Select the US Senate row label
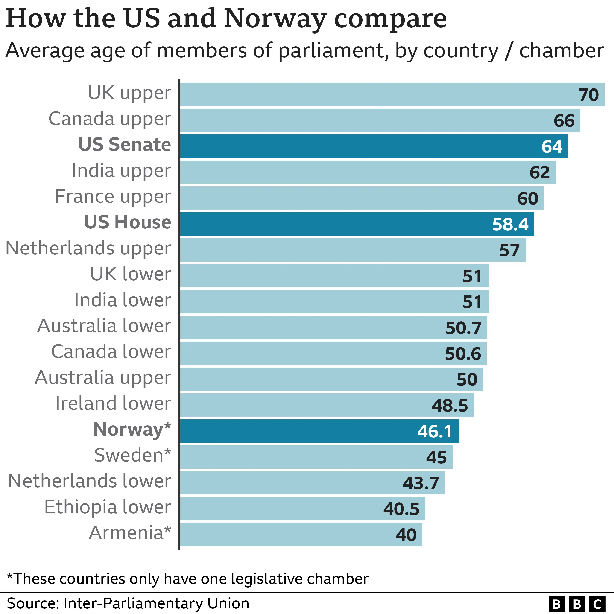click(x=124, y=145)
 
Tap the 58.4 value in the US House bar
click(x=510, y=224)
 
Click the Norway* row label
click(x=132, y=429)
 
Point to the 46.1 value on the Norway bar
click(x=434, y=432)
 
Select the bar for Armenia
click(x=286, y=535)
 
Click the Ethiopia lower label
click(x=107, y=507)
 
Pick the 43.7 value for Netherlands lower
click(x=421, y=483)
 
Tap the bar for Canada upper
click(x=350, y=120)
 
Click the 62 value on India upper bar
click(x=539, y=173)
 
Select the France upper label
click(x=113, y=196)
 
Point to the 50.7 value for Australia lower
click(x=463, y=328)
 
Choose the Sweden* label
click(x=132, y=455)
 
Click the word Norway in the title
click(x=275, y=18)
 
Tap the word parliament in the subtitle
click(x=333, y=51)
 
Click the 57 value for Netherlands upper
click(x=509, y=250)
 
